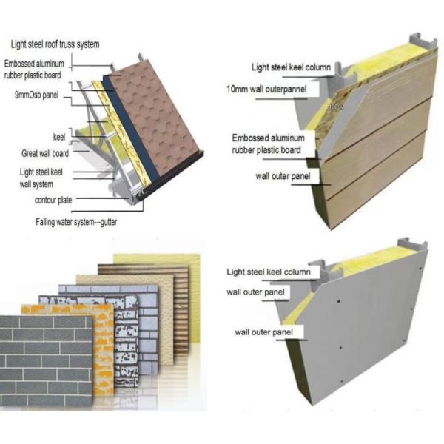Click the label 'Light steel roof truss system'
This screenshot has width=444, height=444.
click(56, 45)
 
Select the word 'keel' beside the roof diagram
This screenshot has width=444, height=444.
click(60, 137)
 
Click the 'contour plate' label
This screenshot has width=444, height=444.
click(55, 200)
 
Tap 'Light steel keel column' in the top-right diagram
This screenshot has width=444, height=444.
click(290, 67)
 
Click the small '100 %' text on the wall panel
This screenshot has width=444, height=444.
click(335, 107)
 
